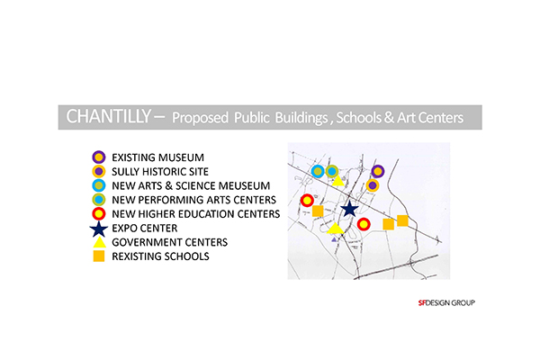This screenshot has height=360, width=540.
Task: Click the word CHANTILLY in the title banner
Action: pos(108,116)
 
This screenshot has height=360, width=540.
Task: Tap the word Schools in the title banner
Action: pos(358,118)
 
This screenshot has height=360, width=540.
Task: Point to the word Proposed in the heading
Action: pos(200,118)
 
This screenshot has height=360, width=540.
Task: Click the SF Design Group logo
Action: pos(446,302)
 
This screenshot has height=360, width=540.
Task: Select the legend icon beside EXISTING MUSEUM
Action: pos(99,157)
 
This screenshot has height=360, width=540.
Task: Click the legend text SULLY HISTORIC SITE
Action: pos(160,172)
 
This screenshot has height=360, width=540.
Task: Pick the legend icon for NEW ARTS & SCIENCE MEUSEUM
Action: pos(99,185)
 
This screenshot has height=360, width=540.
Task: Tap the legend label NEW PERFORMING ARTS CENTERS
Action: pos(193,200)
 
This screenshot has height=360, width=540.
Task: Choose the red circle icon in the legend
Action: pos(99,213)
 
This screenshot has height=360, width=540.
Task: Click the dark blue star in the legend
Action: pos(99,229)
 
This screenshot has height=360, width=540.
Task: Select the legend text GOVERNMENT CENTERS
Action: pos(170,242)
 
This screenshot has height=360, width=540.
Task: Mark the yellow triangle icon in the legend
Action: pos(99,242)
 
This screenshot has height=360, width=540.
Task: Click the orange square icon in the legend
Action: pos(99,256)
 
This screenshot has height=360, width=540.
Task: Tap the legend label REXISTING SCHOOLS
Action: pos(160,256)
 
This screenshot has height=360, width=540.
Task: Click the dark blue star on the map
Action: pos(349,209)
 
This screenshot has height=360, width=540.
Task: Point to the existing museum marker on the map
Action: pos(378,171)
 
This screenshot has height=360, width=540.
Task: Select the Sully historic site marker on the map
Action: pos(373,185)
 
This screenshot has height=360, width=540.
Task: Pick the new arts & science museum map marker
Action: pos(318,171)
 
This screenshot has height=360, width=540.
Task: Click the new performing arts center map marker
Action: pos(331,171)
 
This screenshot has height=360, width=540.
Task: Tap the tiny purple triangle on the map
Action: pos(334,239)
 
